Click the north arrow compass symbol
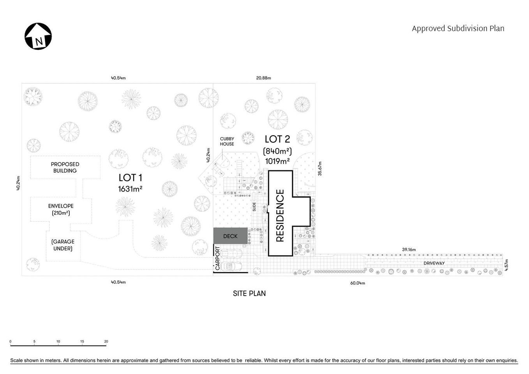(x=38, y=36)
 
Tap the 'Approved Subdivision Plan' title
(x=458, y=28)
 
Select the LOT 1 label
(x=130, y=178)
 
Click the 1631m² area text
(x=130, y=189)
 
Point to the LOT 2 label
(x=277, y=139)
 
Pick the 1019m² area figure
(x=277, y=161)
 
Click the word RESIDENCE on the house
(x=280, y=215)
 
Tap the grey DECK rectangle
(x=230, y=236)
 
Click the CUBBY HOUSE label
(x=227, y=141)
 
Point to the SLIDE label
(x=254, y=206)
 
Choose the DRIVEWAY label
(x=434, y=263)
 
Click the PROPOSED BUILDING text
(x=65, y=168)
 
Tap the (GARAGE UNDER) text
(x=63, y=245)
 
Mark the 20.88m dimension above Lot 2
(x=264, y=78)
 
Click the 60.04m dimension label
(x=358, y=283)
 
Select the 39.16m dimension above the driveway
(x=409, y=249)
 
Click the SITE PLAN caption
(x=249, y=293)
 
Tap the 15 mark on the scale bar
(x=82, y=342)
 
